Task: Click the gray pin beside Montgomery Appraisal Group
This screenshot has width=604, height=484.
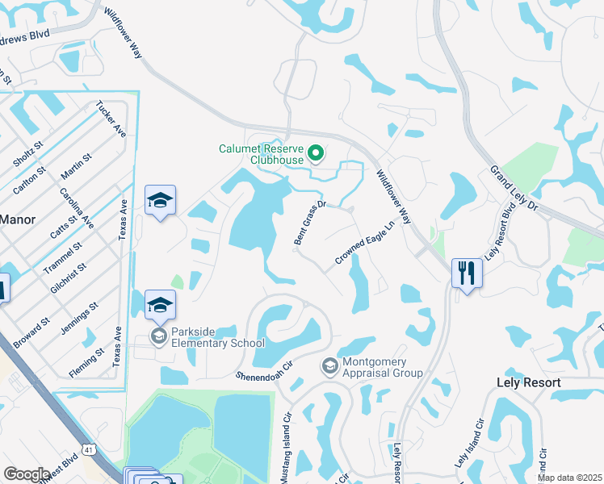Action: [x=329, y=367]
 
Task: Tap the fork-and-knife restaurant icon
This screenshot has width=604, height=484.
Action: [x=467, y=273]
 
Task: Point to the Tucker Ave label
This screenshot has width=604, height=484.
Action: [x=110, y=118]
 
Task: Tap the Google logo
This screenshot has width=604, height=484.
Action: [x=26, y=474]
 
